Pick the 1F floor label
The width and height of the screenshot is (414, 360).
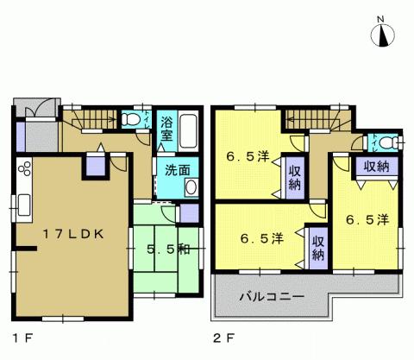pyautogui.click(x=18, y=338)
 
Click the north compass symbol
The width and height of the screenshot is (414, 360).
pyautogui.click(x=384, y=37)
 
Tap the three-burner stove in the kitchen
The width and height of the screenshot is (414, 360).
pyautogui.click(x=23, y=169)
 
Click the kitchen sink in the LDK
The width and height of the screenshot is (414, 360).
pyautogui.click(x=22, y=205)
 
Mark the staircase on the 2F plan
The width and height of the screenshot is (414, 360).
pyautogui.click(x=311, y=119)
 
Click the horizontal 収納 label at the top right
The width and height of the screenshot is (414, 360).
pyautogui.click(x=375, y=165)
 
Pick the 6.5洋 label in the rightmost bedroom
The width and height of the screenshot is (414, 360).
pyautogui.click(x=367, y=221)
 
